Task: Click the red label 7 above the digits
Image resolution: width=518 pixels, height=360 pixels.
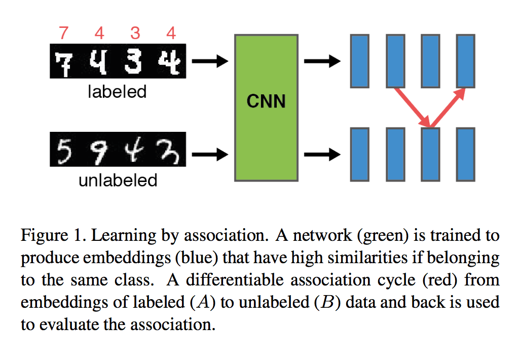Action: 63,33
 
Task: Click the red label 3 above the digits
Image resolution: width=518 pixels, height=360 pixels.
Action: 135,33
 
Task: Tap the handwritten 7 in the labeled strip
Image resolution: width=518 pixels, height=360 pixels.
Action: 64,63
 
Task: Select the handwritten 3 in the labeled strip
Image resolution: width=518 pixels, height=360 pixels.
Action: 134,62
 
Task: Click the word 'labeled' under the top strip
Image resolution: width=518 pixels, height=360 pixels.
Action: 117,92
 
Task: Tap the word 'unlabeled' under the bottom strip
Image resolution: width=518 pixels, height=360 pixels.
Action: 117,180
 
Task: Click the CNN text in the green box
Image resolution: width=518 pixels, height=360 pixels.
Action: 266,101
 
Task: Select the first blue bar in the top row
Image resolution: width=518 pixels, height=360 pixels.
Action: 360,61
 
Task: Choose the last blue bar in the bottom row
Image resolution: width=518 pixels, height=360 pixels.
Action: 465,154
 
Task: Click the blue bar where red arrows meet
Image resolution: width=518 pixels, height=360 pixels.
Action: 430,154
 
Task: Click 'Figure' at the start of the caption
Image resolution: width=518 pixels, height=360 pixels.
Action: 44,236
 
